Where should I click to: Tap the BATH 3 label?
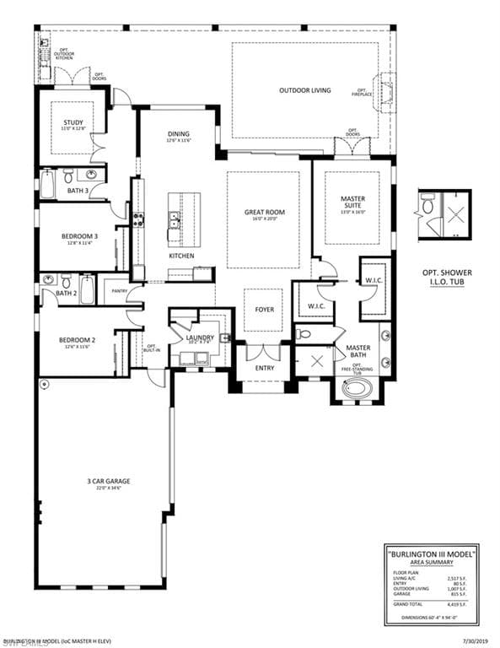tap(78, 191)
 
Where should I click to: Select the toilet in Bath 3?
tap(68, 175)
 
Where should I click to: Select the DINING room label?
tap(178, 135)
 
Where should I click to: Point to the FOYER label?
tap(265, 310)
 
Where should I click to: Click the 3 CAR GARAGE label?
tap(108, 483)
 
